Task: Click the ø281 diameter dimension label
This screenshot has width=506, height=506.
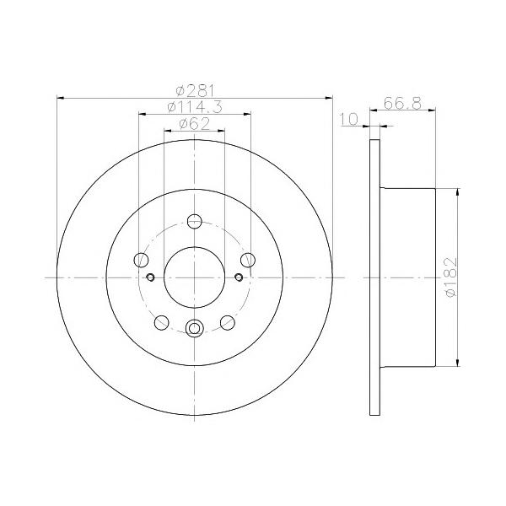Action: coord(195,91)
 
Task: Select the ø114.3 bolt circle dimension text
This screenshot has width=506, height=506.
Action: coord(195,107)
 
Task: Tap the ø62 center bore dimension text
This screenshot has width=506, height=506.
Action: coord(194,124)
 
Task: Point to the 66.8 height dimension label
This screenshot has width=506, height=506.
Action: coord(402,103)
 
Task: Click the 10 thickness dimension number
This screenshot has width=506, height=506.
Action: coord(349,119)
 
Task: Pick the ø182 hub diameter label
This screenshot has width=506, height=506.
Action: coord(451,277)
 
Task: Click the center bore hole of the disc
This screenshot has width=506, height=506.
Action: coord(194,277)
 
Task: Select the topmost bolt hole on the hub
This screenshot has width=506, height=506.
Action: coord(195,221)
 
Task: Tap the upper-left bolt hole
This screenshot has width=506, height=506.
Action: coord(141,260)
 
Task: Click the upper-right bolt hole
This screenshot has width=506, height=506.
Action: coord(248,260)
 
